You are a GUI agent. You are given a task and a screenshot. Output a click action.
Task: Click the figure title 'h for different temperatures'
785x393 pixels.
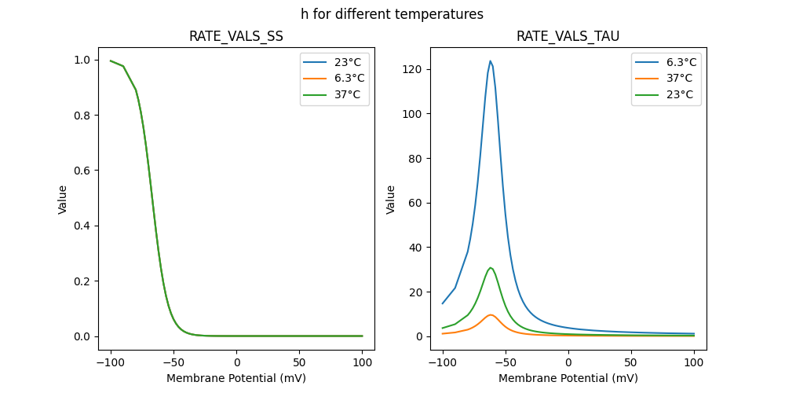click(x=392, y=14)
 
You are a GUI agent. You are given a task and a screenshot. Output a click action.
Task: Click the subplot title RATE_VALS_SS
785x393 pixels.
click(x=236, y=36)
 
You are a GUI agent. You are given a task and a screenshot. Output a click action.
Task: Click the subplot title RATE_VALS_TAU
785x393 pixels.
click(x=568, y=36)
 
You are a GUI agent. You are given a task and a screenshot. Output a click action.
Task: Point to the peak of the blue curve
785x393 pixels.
click(x=491, y=61)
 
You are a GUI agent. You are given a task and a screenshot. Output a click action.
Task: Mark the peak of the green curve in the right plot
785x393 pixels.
click(x=491, y=267)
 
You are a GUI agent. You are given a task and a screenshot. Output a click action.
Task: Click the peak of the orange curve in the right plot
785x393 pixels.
click(x=491, y=314)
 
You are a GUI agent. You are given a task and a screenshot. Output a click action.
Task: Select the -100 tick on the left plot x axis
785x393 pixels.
click(x=111, y=362)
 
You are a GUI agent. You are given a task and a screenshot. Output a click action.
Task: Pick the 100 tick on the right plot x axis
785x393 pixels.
click(x=694, y=362)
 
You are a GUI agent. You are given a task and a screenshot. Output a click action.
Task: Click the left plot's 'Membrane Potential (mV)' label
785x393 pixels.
click(x=236, y=378)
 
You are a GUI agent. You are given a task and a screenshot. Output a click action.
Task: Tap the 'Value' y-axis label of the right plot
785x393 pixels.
click(x=391, y=200)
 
